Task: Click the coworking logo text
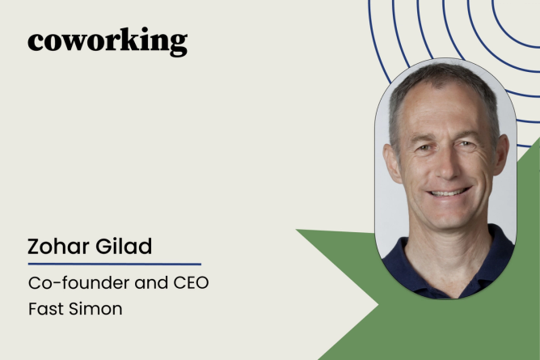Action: tap(108, 42)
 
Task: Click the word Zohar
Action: tap(58, 246)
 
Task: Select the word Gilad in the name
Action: tap(124, 246)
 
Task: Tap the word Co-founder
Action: tap(79, 283)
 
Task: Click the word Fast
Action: tap(46, 309)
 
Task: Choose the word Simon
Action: tap(95, 309)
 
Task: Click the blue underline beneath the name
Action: tap(114, 265)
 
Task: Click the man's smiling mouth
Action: tap(449, 192)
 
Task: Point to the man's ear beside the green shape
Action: tap(500, 155)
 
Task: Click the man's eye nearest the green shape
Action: tap(466, 144)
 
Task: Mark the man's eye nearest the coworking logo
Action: tap(424, 147)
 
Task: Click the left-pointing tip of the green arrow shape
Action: tap(297, 230)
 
